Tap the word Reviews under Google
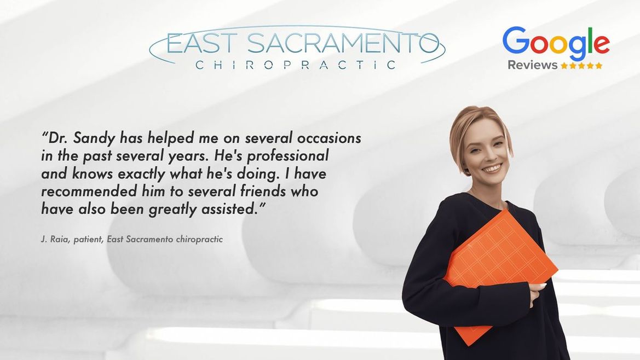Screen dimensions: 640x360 [x=532, y=65]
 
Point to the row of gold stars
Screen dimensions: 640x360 [x=581, y=65]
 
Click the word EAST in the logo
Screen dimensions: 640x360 [x=201, y=44]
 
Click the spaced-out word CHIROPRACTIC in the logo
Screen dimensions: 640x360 [x=296, y=65]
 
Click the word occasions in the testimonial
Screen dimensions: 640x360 [x=329, y=138]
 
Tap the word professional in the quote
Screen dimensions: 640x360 [x=288, y=156]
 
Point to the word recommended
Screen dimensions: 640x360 [x=89, y=191]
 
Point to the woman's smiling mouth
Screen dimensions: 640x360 [x=492, y=168]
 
